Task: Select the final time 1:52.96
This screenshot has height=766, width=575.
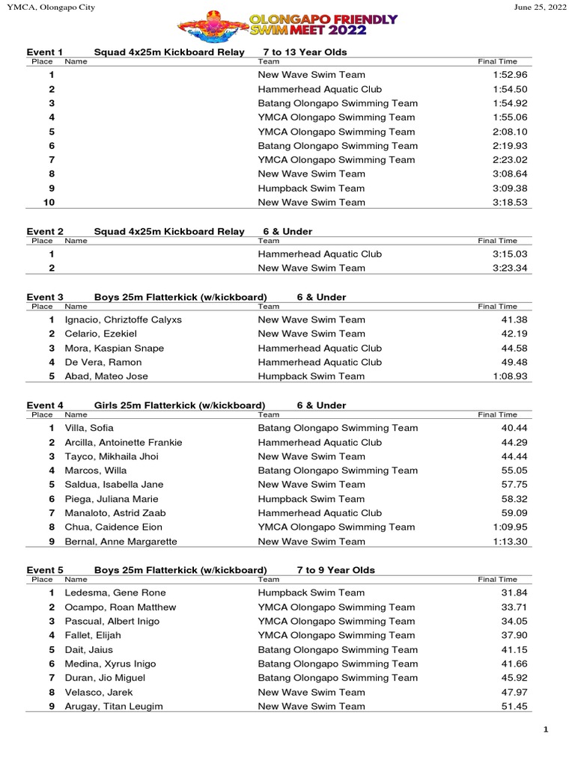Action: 511,75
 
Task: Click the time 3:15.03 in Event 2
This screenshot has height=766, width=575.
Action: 511,254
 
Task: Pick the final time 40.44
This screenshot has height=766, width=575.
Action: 514,429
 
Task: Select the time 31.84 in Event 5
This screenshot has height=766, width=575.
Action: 514,593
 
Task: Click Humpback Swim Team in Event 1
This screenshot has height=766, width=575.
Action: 311,189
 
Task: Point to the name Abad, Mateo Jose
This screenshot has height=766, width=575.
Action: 106,376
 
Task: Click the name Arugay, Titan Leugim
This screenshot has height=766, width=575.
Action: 114,706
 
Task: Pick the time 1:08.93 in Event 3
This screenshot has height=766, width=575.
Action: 511,376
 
